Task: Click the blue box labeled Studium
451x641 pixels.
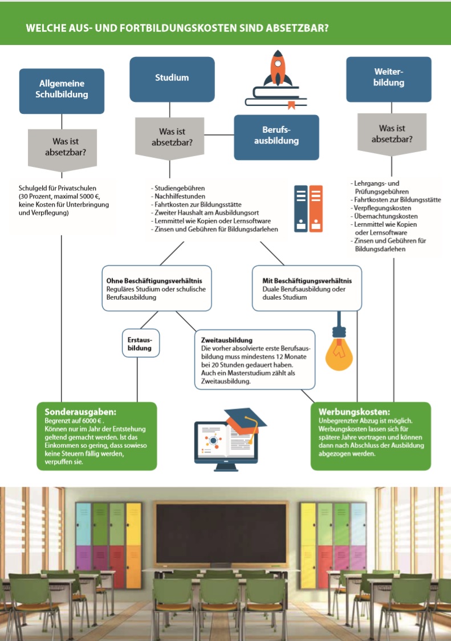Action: (172, 79)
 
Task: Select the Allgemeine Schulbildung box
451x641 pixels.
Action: (62, 91)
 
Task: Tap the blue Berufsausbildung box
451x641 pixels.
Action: (277, 137)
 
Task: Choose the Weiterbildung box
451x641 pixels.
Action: (389, 79)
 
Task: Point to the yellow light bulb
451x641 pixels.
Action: (339, 354)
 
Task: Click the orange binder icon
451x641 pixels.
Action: (316, 209)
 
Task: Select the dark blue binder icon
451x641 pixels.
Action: (301, 209)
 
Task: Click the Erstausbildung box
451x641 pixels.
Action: (141, 344)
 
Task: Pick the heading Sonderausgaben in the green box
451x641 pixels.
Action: (80, 411)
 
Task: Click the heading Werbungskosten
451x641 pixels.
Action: (355, 411)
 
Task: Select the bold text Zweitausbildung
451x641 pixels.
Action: (227, 340)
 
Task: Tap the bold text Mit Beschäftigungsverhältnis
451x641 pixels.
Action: (307, 281)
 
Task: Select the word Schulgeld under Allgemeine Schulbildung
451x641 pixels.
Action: (31, 189)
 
